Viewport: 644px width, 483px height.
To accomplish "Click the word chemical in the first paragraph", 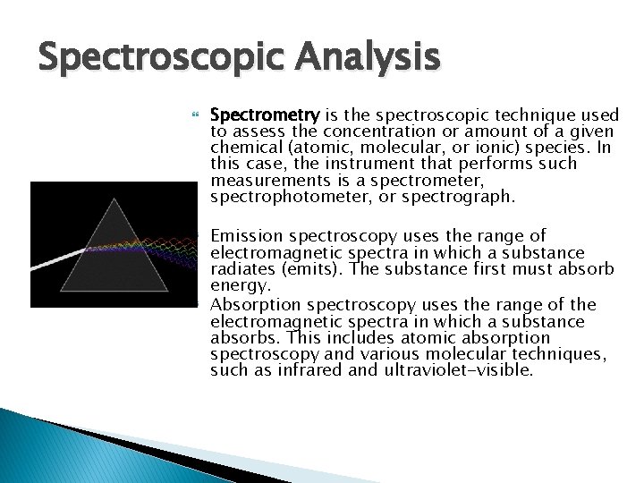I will (242, 148).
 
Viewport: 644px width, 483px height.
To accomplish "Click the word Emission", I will (246, 237).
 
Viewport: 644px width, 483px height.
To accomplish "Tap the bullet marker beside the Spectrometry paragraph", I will (194, 116).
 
